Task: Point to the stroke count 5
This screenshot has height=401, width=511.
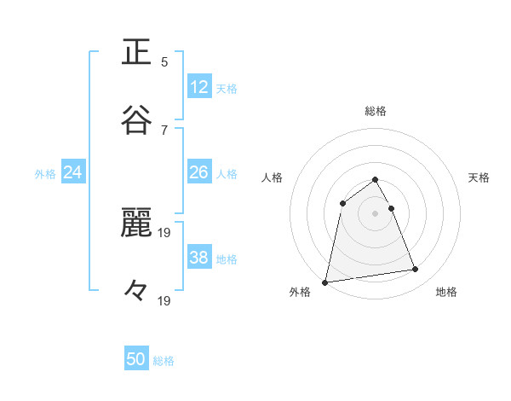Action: pos(164,61)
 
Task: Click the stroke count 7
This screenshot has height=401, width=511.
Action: pos(164,130)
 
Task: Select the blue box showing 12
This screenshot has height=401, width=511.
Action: pos(199,86)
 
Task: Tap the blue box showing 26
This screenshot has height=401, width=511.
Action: pos(199,172)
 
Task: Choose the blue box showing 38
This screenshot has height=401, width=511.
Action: pos(199,258)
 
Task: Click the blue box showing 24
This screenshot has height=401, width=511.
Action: pos(73,172)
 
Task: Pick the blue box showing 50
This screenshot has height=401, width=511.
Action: pos(136,359)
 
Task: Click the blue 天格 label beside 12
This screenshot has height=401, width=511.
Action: pos(227,88)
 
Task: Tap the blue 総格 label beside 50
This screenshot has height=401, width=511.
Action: pos(164,361)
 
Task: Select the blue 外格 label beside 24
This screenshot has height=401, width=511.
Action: pos(45,174)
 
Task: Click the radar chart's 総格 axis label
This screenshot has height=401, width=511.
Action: pos(376,111)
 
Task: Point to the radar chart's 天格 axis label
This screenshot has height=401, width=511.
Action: pos(479,177)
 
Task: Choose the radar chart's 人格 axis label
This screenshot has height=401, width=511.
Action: pos(272,177)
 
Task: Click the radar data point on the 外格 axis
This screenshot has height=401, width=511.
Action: pos(325,282)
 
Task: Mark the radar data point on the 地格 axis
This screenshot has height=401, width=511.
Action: pos(416,270)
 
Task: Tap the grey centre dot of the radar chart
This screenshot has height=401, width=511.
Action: pos(376,212)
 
